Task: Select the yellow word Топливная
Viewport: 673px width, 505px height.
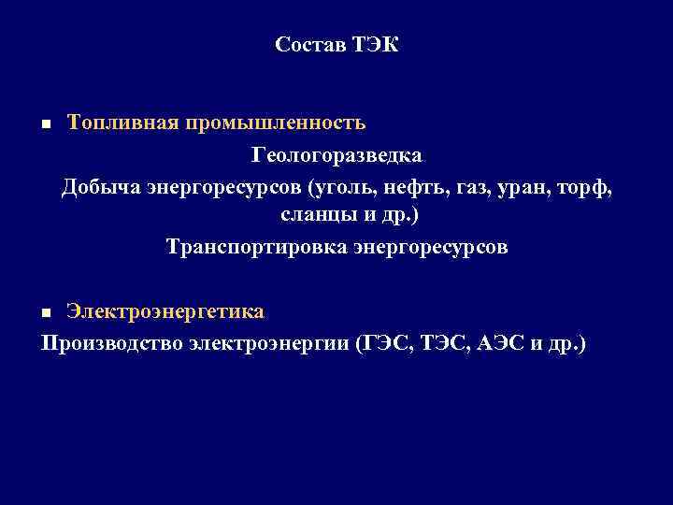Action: (x=113, y=123)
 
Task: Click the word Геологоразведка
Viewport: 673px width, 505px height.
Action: (x=336, y=154)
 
